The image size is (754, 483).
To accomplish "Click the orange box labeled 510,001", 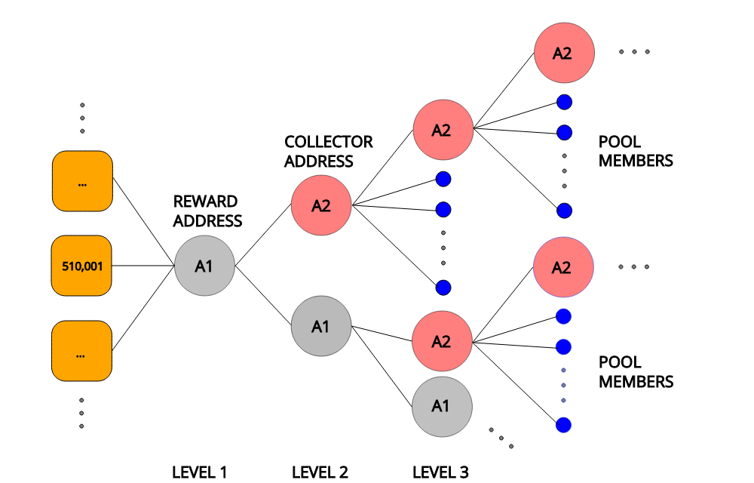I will coord(81,266).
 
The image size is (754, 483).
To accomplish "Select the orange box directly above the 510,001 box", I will coord(82,181).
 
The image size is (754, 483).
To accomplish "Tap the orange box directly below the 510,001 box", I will coord(81,351).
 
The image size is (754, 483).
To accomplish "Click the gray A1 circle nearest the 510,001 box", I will coord(204,266).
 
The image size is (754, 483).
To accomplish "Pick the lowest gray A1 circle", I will coord(442,407).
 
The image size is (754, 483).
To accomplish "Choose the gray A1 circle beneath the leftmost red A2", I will coord(321,326).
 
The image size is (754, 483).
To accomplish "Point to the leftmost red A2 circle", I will coord(321,205).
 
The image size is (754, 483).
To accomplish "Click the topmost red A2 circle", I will coord(564,54).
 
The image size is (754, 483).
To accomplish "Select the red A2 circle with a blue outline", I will coord(563,267).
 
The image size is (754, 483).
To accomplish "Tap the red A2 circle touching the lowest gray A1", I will coord(442,341).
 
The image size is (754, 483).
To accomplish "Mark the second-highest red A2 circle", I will coord(443,130).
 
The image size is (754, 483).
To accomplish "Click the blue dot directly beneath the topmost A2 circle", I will coord(564,102).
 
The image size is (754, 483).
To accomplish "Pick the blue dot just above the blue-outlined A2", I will coord(564,211).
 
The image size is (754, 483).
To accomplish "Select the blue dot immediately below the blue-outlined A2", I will coord(563,316).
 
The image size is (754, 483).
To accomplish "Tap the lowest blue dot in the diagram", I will coord(563,425).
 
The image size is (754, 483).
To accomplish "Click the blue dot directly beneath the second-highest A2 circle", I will coord(443,179).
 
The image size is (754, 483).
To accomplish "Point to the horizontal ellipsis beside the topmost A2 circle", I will coord(634,52).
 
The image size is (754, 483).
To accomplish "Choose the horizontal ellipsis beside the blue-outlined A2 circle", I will coord(634,267).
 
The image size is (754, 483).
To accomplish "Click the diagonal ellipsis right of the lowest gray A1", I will coord(501,438).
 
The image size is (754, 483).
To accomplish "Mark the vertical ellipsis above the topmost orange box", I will coord(82,118).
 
